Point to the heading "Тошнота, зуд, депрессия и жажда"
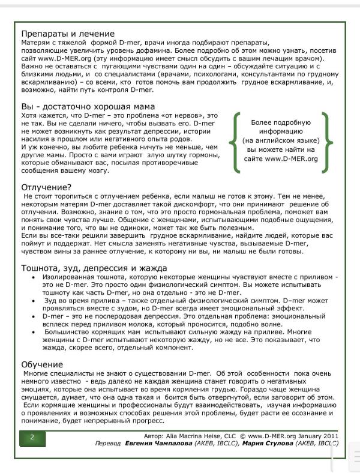tap(94, 267)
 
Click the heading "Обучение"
tap(42, 364)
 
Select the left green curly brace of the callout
tap(234, 139)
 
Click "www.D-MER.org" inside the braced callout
tap(292, 159)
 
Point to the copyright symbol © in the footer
tap(242, 436)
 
